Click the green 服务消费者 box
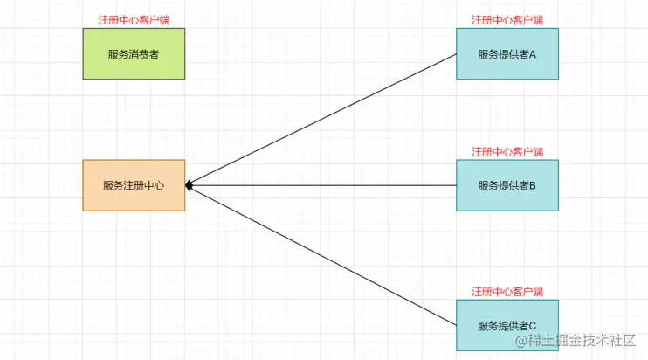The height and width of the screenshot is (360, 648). coord(134,53)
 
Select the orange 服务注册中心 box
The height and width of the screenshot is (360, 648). coord(134,185)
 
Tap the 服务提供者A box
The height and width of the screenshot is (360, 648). coord(507,53)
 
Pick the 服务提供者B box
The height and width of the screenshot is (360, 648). coord(507,185)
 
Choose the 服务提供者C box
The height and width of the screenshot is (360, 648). coord(507,325)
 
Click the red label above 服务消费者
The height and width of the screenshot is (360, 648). coord(134,19)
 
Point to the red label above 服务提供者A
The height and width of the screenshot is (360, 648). coord(507,19)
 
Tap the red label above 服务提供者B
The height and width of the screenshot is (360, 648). coord(507,151)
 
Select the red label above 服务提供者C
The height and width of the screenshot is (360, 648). coord(507,291)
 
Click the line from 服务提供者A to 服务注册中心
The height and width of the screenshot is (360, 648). coord(321,120)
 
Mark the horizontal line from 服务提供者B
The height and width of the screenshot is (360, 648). coord(321,185)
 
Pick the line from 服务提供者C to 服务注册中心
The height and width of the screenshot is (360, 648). coord(321,255)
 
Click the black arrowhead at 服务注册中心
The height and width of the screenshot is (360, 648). coord(190,185)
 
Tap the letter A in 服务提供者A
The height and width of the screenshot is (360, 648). coord(532,54)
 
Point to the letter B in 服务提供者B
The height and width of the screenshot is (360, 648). coord(532,185)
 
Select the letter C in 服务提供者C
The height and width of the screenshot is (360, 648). coord(532,326)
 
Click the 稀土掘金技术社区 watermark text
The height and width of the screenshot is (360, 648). coord(584,341)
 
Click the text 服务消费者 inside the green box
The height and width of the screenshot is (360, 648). coord(134,54)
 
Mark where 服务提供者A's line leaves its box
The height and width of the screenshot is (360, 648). coord(456,54)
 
